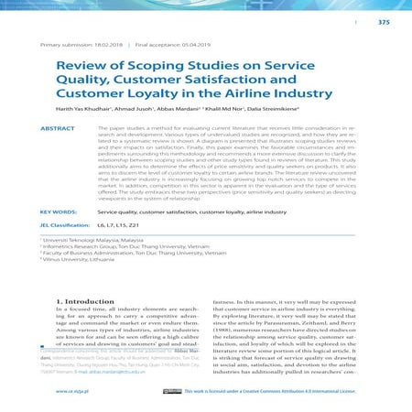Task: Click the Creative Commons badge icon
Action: tap(171, 390)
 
